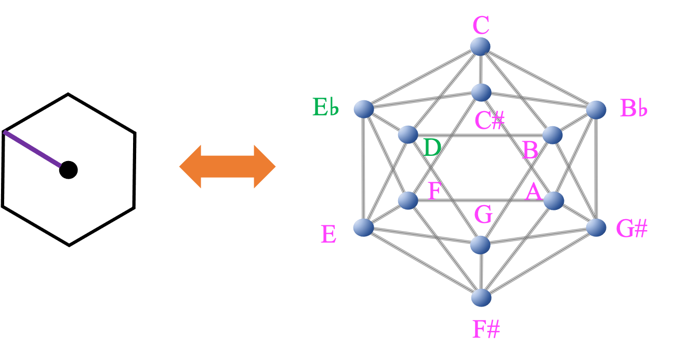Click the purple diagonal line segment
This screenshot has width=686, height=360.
click(32, 149)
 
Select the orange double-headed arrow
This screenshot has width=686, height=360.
click(227, 166)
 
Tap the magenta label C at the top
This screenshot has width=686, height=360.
click(481, 25)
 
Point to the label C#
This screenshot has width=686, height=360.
click(490, 121)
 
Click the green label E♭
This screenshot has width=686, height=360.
click(325, 107)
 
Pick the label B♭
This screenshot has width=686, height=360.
click(634, 109)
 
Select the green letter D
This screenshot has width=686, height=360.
click(432, 149)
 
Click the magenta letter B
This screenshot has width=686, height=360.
click(530, 151)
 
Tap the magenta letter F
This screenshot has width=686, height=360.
click(434, 191)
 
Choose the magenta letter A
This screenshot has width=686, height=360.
click(534, 193)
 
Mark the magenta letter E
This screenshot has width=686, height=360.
click(328, 235)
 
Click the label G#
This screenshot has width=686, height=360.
click(631, 229)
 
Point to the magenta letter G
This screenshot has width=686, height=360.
click(483, 215)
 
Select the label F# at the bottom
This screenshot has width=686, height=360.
click(486, 329)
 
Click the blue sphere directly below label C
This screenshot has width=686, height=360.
click(480, 46)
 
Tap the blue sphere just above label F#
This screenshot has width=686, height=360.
click(481, 298)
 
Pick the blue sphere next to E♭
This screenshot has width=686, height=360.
click(364, 109)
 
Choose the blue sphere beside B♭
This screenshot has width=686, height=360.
click(596, 110)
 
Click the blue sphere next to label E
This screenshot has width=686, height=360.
click(363, 227)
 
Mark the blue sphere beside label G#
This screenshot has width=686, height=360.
click(596, 227)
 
